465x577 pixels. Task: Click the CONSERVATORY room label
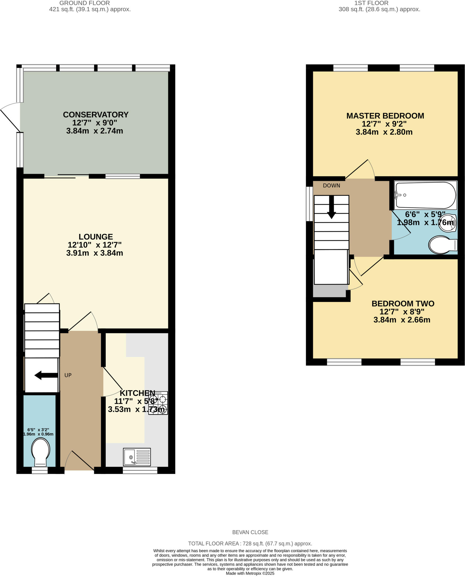click(96, 115)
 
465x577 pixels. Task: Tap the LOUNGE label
click(96, 237)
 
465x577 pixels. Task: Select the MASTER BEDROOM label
click(385, 116)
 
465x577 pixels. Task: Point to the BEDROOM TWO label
click(403, 304)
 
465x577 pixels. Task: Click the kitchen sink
click(137, 457)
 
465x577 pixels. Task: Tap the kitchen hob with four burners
click(158, 403)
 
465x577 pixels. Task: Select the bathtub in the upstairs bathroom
click(426, 195)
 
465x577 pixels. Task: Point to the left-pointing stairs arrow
click(46, 375)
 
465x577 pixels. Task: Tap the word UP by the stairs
click(68, 375)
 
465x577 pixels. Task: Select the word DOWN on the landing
click(331, 186)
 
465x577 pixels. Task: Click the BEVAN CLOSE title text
click(250, 532)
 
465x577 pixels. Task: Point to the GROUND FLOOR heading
click(85, 3)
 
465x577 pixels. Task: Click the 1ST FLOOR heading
click(371, 3)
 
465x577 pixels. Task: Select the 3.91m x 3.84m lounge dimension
click(95, 253)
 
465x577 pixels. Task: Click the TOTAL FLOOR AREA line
click(250, 543)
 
